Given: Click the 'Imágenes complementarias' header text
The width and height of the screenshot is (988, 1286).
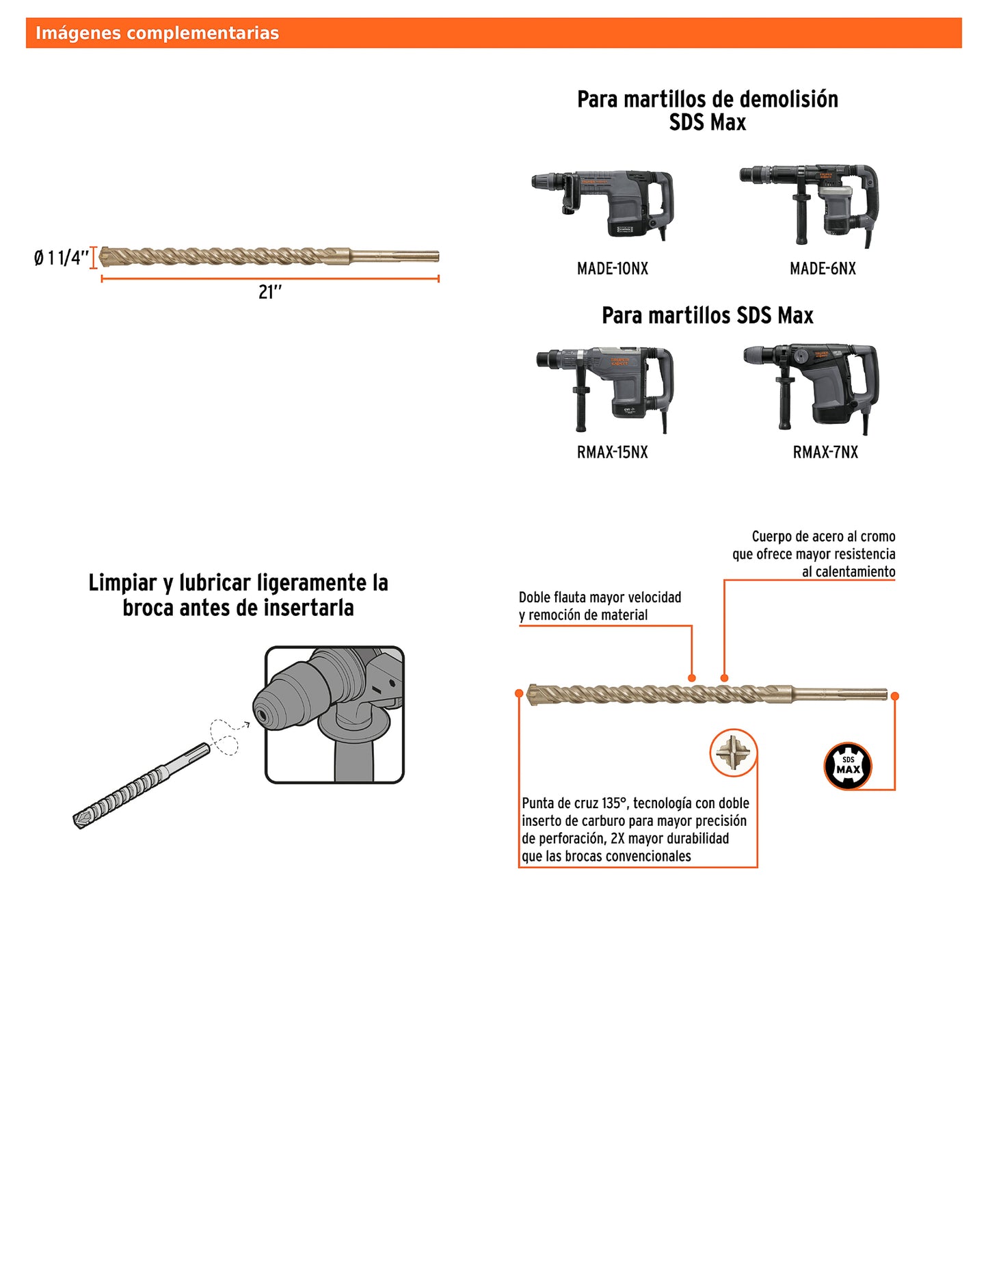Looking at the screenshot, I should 157,33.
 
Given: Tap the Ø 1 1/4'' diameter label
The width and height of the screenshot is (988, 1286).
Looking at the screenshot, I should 61,258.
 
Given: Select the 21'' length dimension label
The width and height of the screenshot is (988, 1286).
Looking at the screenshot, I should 270,292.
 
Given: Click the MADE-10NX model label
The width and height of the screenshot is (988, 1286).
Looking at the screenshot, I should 612,269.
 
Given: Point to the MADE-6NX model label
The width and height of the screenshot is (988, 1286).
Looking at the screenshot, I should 823,269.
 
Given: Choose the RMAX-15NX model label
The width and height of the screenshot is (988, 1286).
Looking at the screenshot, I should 612,452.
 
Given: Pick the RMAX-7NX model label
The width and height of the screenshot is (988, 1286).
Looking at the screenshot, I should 825,452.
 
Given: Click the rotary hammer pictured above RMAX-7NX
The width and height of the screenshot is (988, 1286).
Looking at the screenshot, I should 814,386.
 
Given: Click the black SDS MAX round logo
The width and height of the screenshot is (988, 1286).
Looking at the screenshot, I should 848,766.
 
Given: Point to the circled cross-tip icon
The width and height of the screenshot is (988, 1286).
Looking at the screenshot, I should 733,753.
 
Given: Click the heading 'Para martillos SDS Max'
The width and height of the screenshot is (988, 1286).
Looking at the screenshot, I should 707,315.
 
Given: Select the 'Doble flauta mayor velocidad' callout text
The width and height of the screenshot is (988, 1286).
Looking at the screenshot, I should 600,598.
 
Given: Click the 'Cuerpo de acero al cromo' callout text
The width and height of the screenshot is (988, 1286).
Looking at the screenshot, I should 823,537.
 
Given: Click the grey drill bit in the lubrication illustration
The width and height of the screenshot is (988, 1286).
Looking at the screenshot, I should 140,786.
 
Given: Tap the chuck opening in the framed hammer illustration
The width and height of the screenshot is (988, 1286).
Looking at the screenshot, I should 262,715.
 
